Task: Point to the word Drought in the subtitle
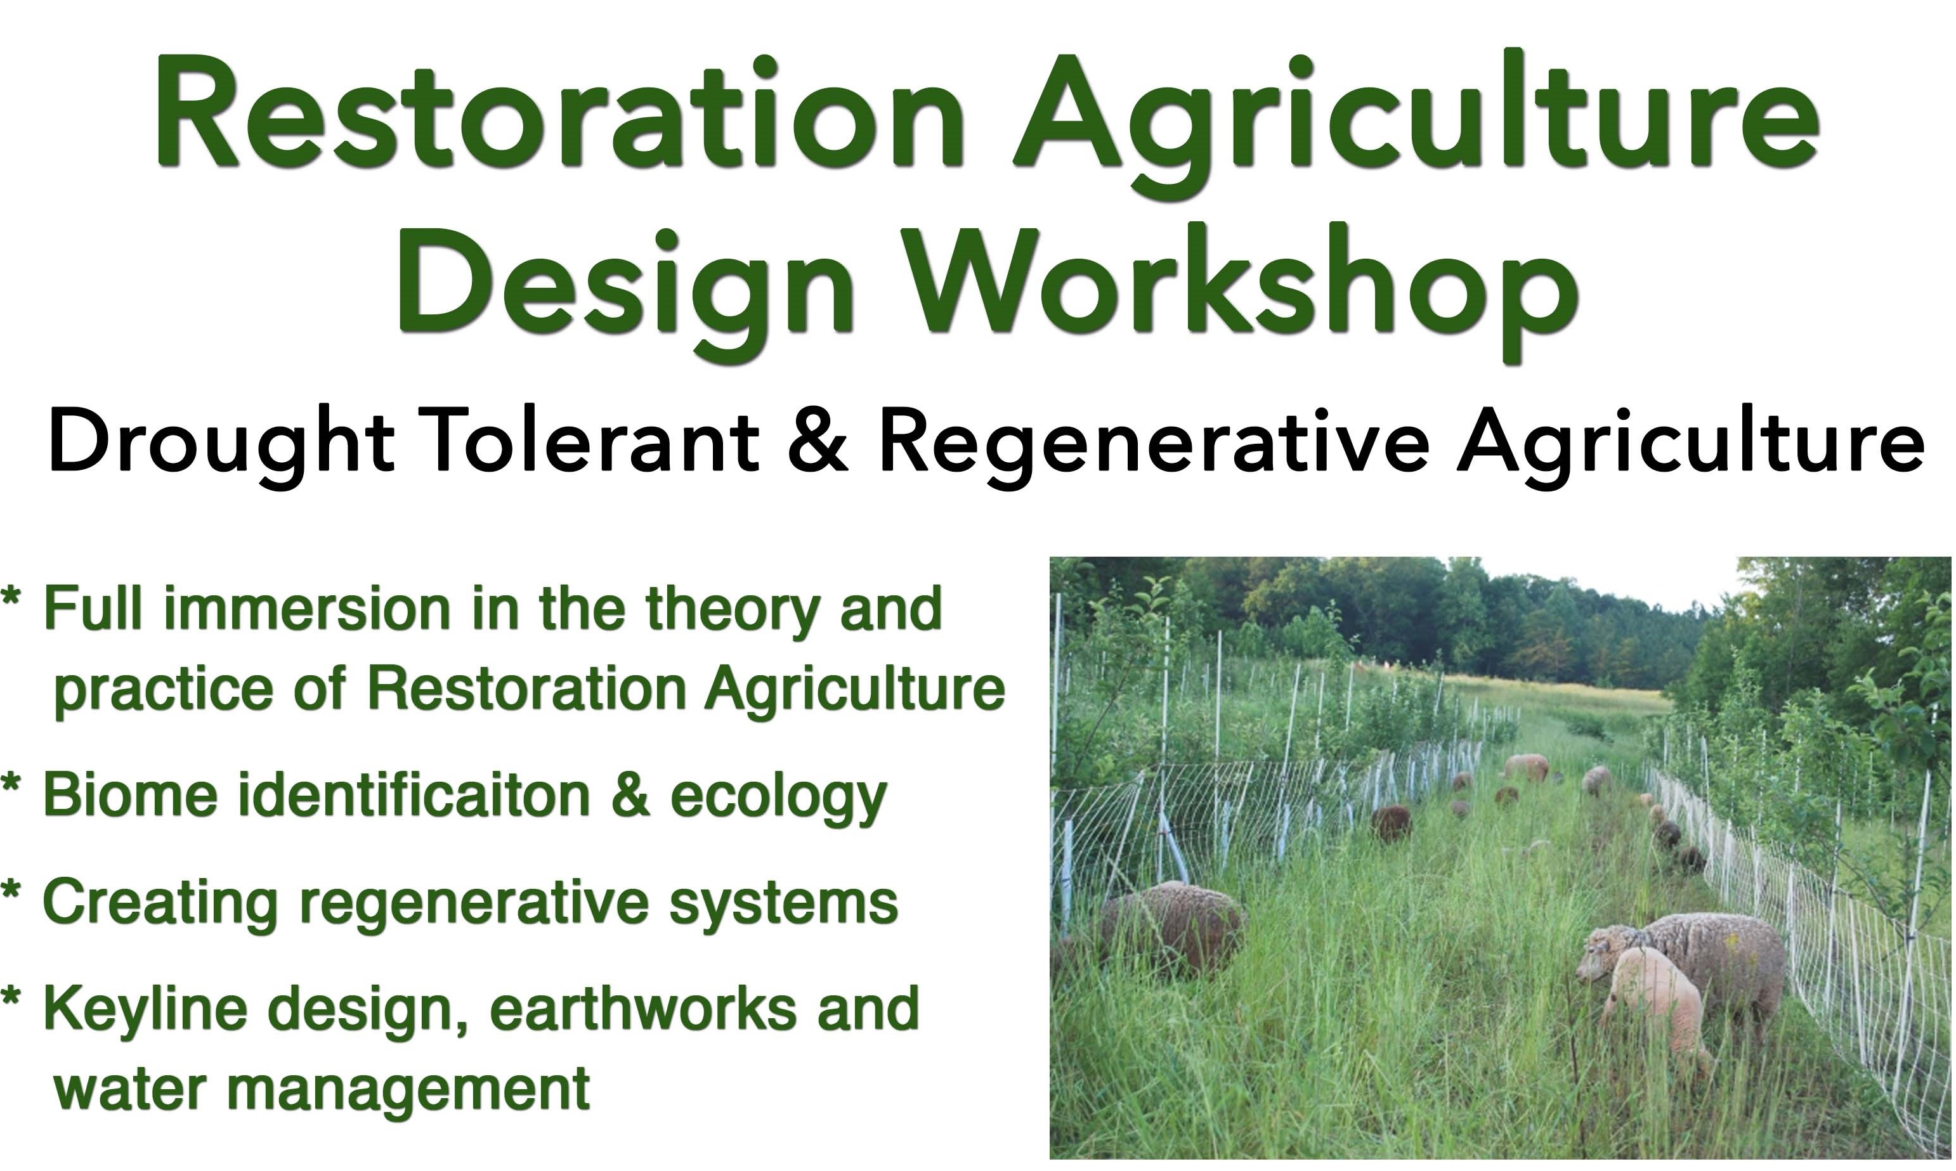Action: (x=221, y=446)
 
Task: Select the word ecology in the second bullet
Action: (x=778, y=800)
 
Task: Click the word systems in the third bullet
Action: (x=783, y=906)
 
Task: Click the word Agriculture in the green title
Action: (x=1417, y=123)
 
